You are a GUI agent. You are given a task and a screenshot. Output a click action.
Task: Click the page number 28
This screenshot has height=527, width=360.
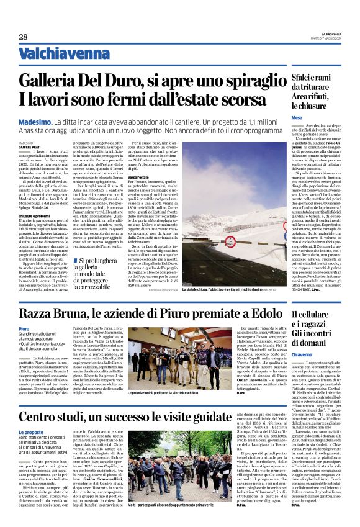(x=23, y=37)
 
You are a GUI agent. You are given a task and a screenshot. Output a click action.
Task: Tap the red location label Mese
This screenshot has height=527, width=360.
(x=297, y=117)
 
